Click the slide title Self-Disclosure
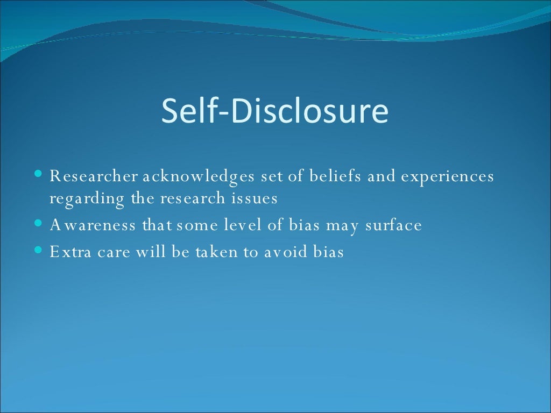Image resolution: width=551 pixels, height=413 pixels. point(274,111)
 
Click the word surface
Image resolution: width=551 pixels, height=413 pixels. point(393,225)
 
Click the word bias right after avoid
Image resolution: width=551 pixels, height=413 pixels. point(328,252)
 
